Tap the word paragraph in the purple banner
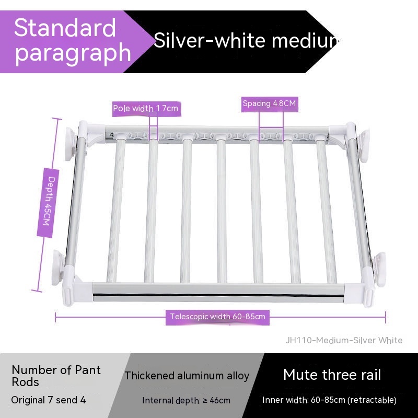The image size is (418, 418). coord(73,52)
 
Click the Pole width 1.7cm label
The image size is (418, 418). coord(146,109)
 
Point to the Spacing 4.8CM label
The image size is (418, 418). coord(269,103)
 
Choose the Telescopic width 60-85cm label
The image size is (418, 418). coord(217,317)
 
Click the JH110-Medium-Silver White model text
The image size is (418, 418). coord(344,340)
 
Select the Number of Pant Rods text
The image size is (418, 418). coord(56,376)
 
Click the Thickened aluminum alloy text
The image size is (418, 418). coord(187,376)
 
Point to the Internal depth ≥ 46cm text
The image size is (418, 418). coord(186,401)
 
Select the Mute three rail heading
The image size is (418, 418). coord(332,375)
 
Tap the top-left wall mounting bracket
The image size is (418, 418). coord(70,142)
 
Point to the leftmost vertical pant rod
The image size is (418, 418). coord(115,209)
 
